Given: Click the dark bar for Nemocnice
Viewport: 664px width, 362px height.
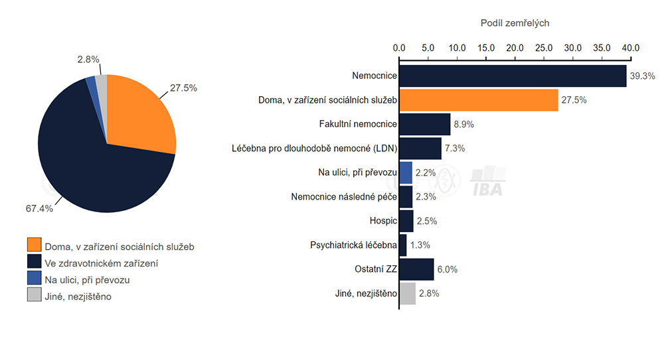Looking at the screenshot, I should point(513,76).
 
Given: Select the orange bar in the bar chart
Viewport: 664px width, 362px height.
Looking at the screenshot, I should point(478,100).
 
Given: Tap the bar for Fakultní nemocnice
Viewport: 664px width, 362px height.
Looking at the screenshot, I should point(424,124).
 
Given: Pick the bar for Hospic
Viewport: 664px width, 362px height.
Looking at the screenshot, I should point(406,221).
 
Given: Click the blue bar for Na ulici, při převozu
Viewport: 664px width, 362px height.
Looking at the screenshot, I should point(405,172).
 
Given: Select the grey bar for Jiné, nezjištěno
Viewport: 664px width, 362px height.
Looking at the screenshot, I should point(407,294).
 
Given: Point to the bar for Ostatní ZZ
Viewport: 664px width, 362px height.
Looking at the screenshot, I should point(416,269).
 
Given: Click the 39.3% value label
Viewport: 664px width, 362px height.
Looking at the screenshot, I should point(641,76).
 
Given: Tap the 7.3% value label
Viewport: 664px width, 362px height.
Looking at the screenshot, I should point(455,149).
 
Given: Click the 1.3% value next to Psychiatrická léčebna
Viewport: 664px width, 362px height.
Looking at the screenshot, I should point(420,245).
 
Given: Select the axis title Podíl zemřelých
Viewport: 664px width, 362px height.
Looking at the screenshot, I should point(515,23).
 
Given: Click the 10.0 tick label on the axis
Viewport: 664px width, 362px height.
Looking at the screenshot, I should point(457,48).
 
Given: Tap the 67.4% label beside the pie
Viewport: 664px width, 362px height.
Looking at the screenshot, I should point(39,208).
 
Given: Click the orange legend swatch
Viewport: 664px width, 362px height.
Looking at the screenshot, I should point(34,247).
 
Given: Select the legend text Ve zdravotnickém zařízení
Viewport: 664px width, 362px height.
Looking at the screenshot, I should point(101,263).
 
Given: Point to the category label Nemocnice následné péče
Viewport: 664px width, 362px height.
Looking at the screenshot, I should point(344,197).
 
